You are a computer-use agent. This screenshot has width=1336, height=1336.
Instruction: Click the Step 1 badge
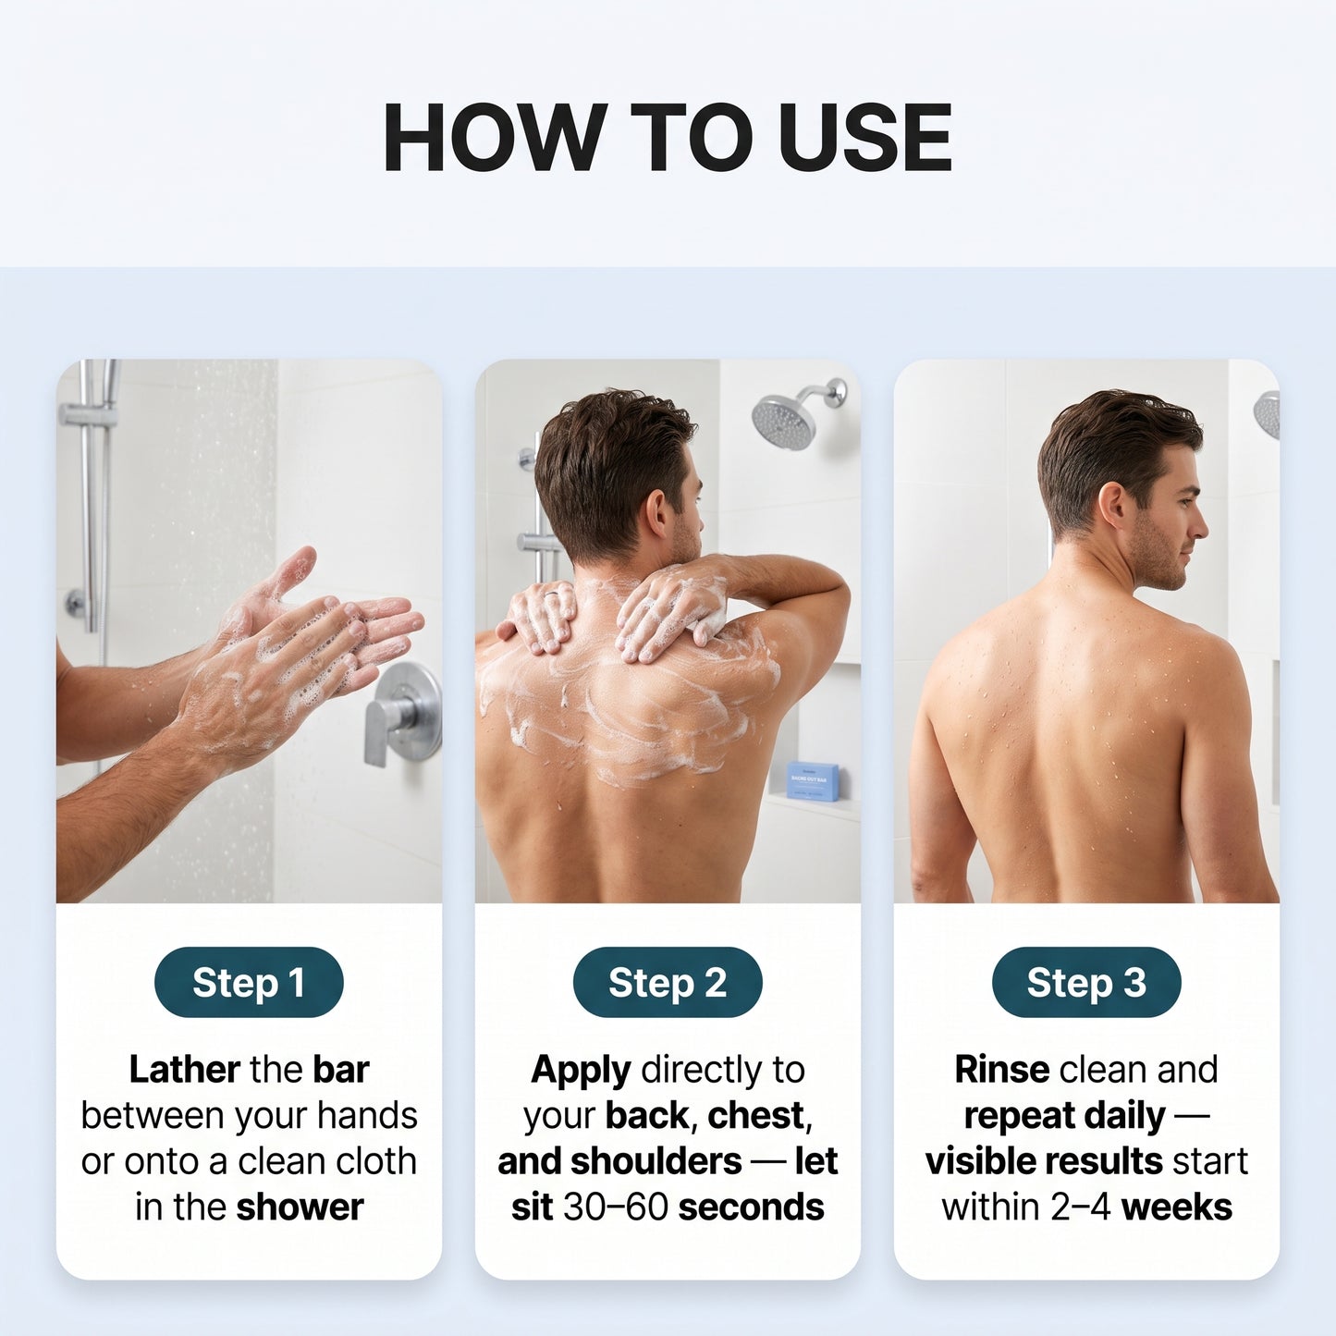(x=249, y=982)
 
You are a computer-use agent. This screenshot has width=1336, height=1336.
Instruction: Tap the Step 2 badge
(x=668, y=982)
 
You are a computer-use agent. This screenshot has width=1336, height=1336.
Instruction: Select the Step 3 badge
(x=1086, y=982)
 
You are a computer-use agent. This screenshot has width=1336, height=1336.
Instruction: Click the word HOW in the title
(x=492, y=137)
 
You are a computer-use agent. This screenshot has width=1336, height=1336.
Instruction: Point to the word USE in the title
(x=864, y=137)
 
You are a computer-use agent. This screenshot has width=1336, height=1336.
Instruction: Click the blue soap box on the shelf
(x=813, y=780)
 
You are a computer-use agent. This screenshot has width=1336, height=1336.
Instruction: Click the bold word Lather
(x=184, y=1070)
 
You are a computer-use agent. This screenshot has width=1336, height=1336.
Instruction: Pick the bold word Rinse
(x=1002, y=1070)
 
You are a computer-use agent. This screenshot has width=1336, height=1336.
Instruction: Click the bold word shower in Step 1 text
(x=300, y=1207)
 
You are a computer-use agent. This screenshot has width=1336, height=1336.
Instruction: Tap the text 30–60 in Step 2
(x=615, y=1207)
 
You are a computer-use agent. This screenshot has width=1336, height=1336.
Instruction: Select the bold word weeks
(x=1177, y=1207)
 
